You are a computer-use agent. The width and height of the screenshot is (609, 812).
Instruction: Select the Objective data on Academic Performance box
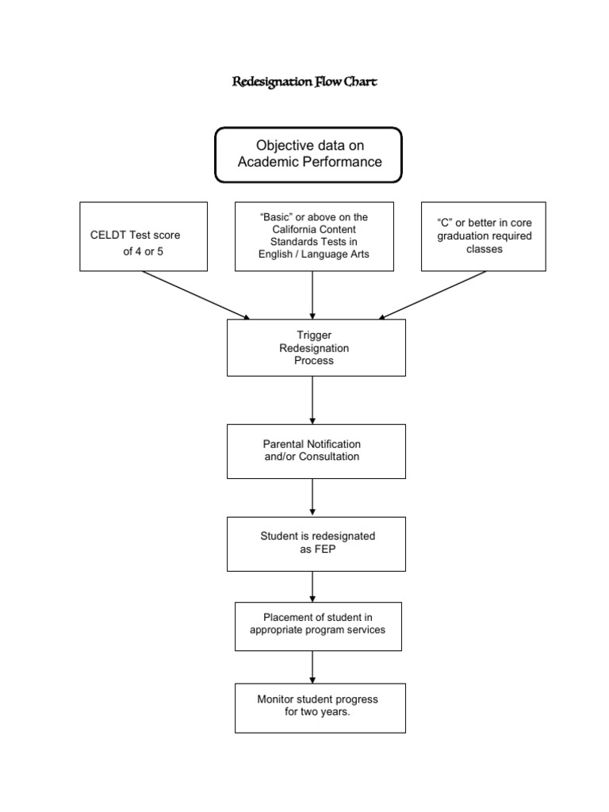[x=308, y=155]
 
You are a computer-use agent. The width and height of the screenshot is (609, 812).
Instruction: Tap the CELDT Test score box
[x=144, y=236]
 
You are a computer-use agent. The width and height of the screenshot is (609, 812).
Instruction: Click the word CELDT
[x=107, y=236]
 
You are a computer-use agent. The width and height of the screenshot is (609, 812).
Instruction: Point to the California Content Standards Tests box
[x=314, y=236]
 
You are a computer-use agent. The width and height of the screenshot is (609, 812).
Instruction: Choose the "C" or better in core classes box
[x=483, y=236]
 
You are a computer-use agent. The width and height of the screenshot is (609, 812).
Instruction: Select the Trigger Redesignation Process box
[x=316, y=347]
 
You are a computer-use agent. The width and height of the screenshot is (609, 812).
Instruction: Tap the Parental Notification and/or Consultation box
[x=316, y=450]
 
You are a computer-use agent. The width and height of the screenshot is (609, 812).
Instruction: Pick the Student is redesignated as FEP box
[x=316, y=543]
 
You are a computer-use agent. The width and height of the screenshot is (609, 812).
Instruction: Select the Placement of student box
[x=318, y=625]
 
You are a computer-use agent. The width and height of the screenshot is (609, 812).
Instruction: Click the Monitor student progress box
[x=320, y=707]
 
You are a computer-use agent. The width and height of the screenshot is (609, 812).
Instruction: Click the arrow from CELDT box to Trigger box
[x=196, y=295]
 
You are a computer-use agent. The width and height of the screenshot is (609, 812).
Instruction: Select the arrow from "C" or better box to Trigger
[x=433, y=295]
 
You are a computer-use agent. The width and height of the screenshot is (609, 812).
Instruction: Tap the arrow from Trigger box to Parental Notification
[x=313, y=400]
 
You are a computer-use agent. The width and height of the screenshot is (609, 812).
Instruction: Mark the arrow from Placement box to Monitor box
[x=313, y=667]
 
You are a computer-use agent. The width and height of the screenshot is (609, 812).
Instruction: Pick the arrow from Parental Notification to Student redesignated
[x=313, y=497]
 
